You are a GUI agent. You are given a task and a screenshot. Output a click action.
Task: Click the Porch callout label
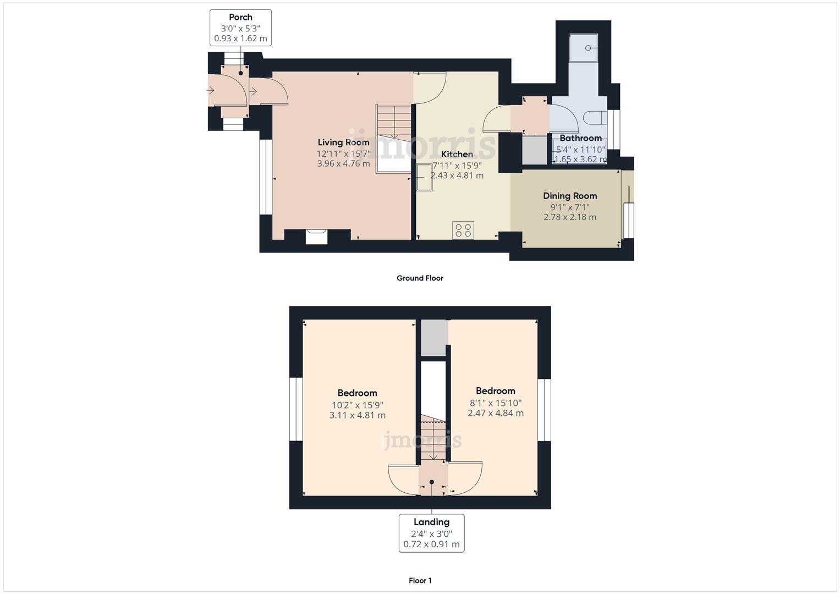click(x=240, y=28)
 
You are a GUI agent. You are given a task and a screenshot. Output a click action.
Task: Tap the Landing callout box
click(x=431, y=533)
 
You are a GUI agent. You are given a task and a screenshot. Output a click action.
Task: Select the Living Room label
click(x=343, y=142)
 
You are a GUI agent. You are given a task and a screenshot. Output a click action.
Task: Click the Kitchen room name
click(x=457, y=154)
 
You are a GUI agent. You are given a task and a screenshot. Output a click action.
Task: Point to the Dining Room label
click(x=569, y=196)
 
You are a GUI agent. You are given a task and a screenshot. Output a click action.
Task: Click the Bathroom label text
click(x=580, y=138)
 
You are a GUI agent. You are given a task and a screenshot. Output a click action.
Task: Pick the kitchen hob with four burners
click(x=463, y=230)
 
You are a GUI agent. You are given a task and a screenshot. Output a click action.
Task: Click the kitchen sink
click(x=424, y=177)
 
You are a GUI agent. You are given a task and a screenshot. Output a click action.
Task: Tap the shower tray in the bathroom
click(x=583, y=48)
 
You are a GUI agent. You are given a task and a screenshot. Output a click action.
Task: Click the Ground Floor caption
click(x=420, y=278)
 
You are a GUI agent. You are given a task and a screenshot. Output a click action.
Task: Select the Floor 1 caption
click(x=420, y=581)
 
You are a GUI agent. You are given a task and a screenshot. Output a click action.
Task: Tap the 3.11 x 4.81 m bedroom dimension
click(x=357, y=415)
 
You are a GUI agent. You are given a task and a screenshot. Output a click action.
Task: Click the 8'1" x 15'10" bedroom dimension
click(x=495, y=403)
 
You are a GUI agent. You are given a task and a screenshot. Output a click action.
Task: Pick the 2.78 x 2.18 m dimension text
click(x=569, y=217)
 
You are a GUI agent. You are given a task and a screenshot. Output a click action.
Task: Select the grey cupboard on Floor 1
click(x=433, y=338)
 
